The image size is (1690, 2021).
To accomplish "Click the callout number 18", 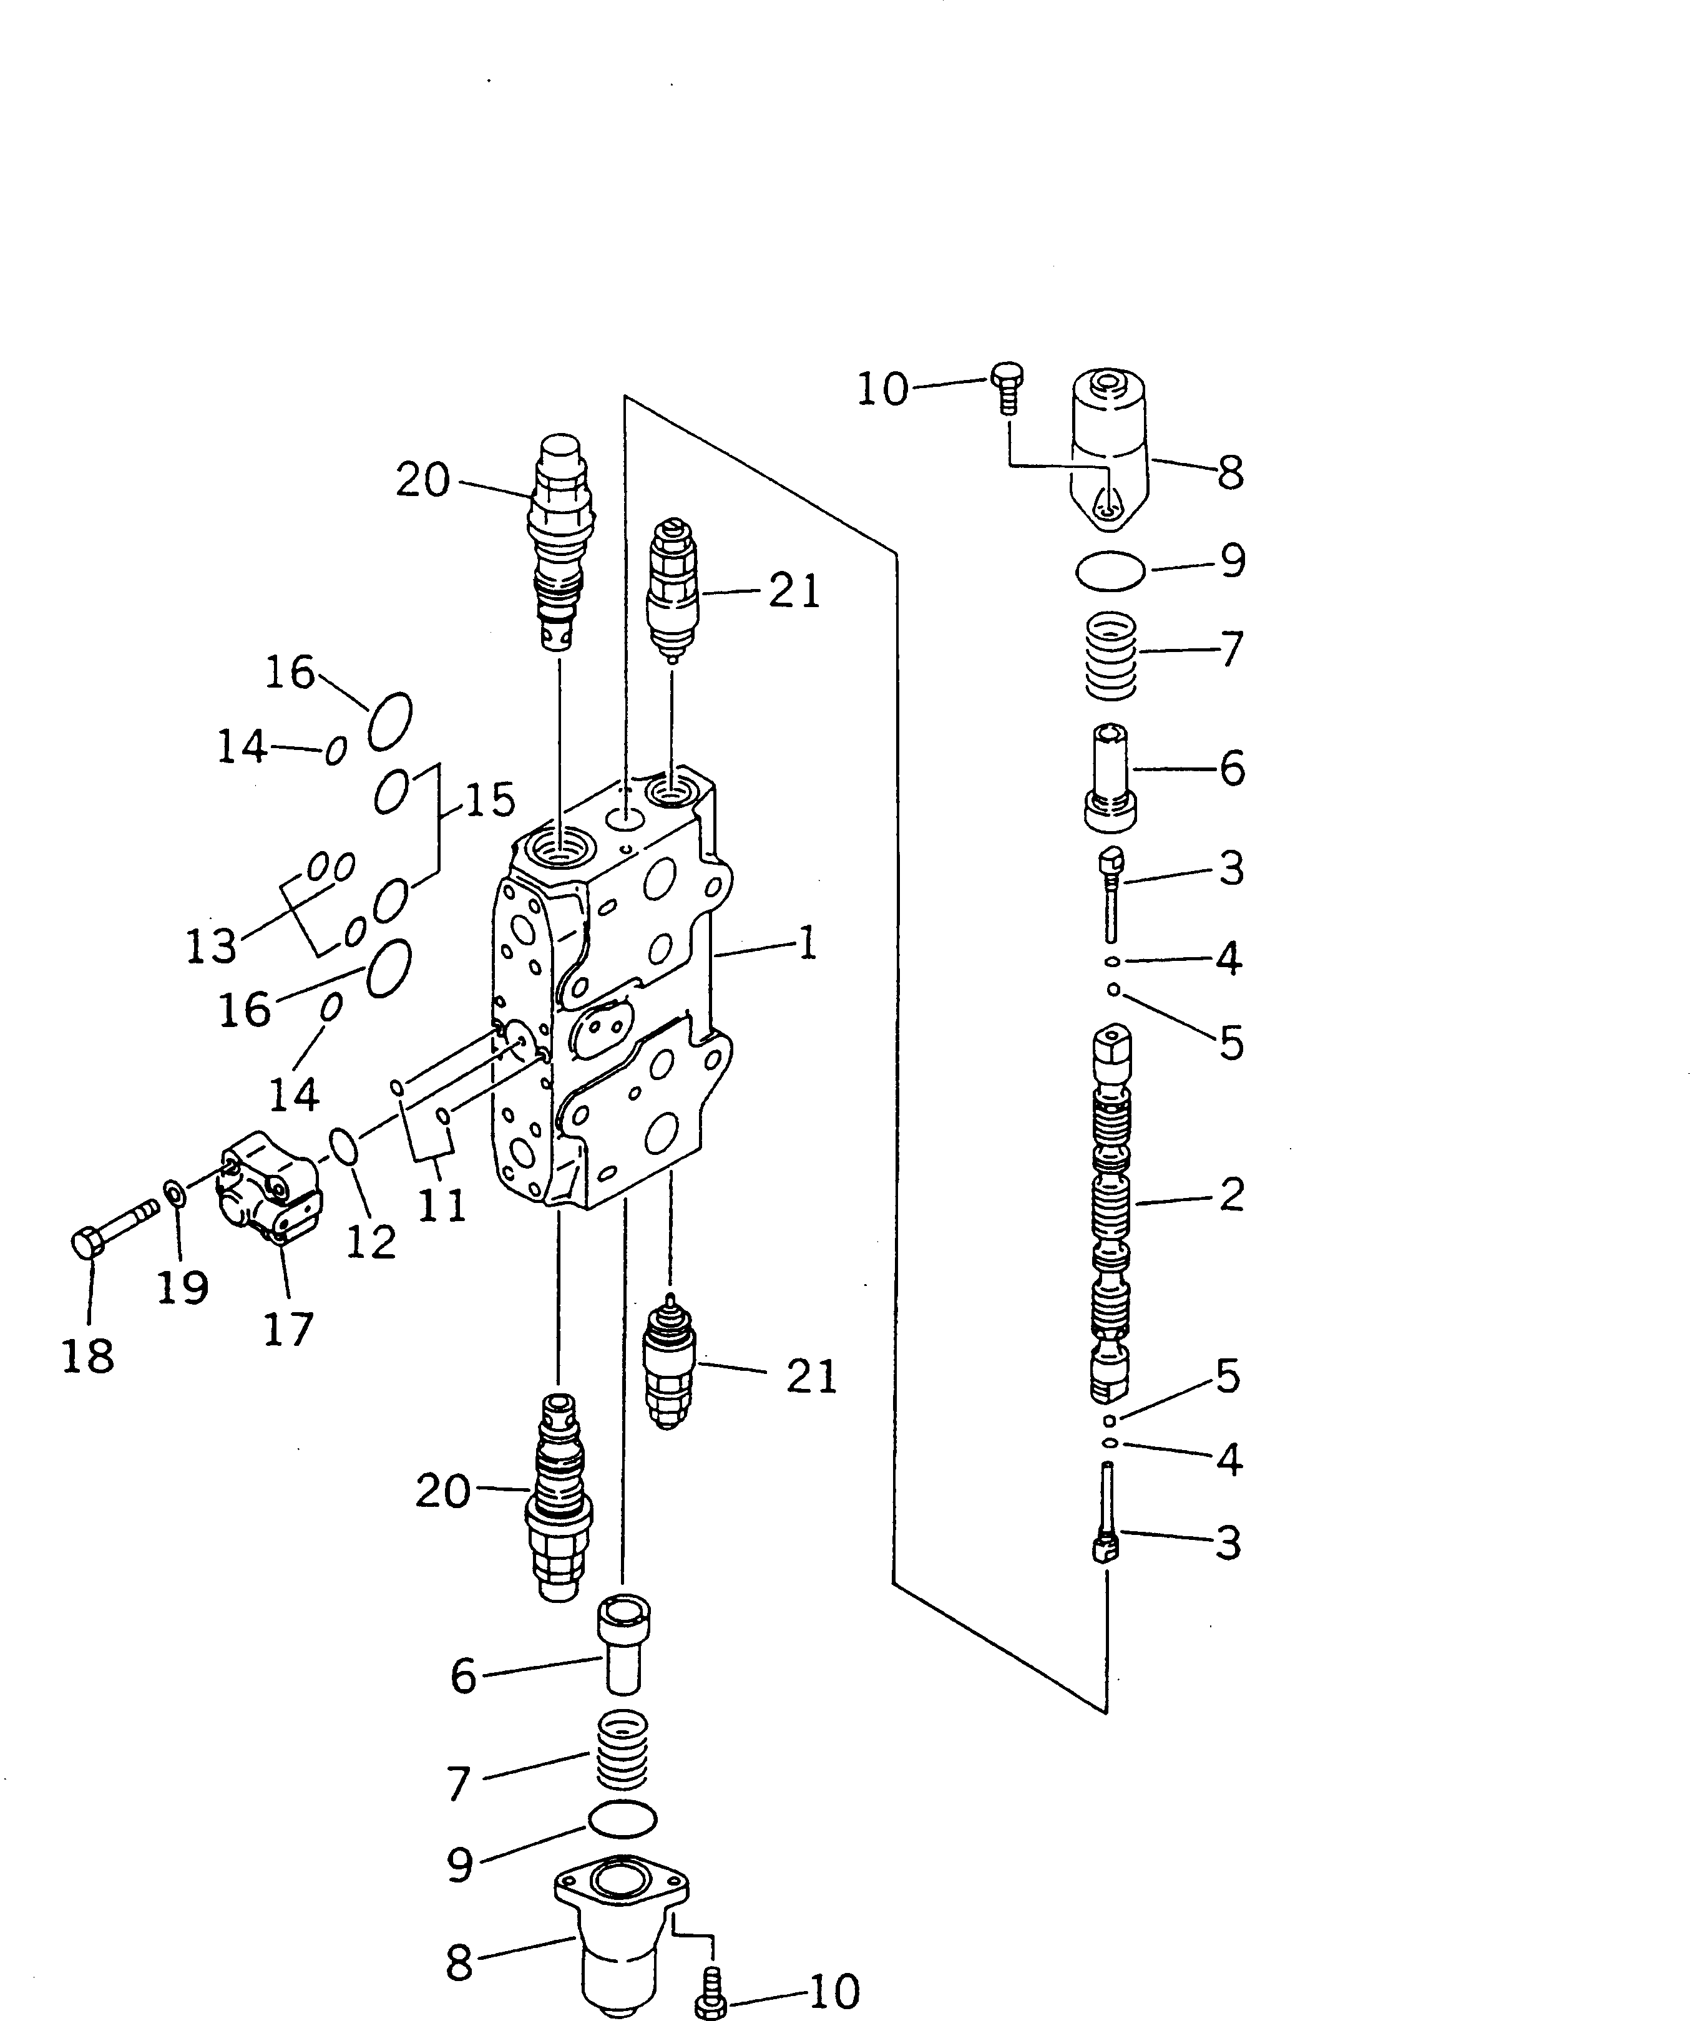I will (x=87, y=1356).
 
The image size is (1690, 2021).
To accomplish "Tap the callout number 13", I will (x=211, y=946).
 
